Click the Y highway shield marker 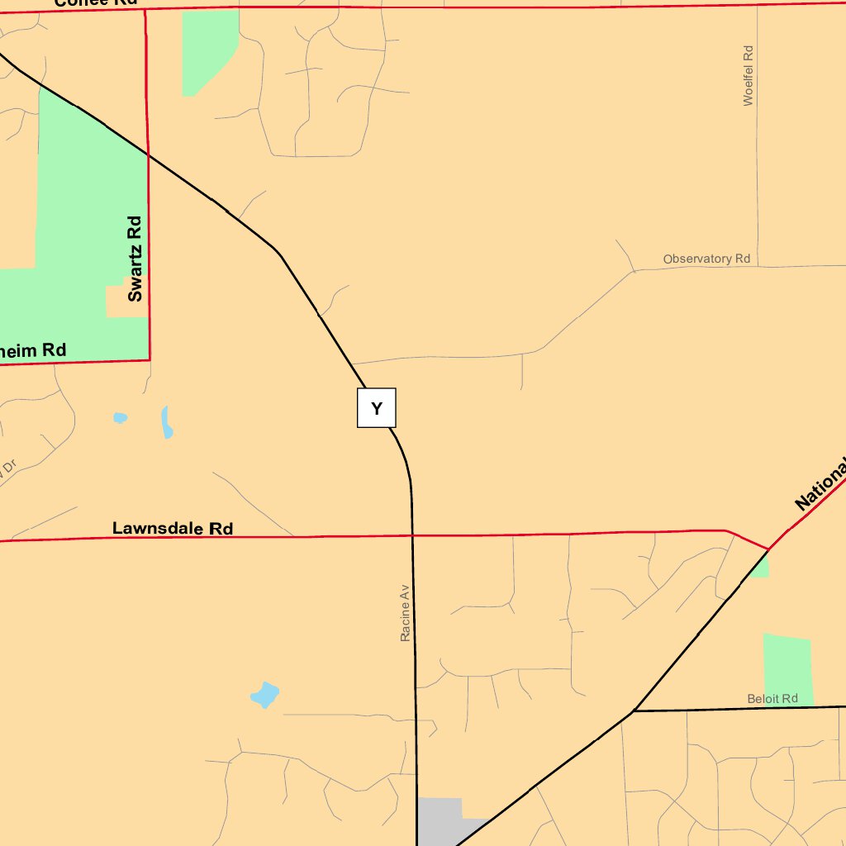pos(376,408)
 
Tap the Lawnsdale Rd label pos(173,528)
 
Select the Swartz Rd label pos(135,259)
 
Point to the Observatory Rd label pos(706,259)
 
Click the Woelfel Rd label pos(749,75)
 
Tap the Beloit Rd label pos(772,699)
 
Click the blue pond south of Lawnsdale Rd pos(265,695)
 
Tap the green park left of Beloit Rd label pos(787,668)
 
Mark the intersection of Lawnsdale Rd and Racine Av pos(411,535)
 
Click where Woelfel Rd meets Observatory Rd pos(757,267)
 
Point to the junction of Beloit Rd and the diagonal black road pos(634,711)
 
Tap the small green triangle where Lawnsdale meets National pos(762,567)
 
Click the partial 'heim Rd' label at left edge pos(32,350)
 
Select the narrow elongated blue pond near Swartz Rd pos(166,422)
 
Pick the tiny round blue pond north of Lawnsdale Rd pos(120,418)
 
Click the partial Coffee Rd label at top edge pos(95,3)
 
